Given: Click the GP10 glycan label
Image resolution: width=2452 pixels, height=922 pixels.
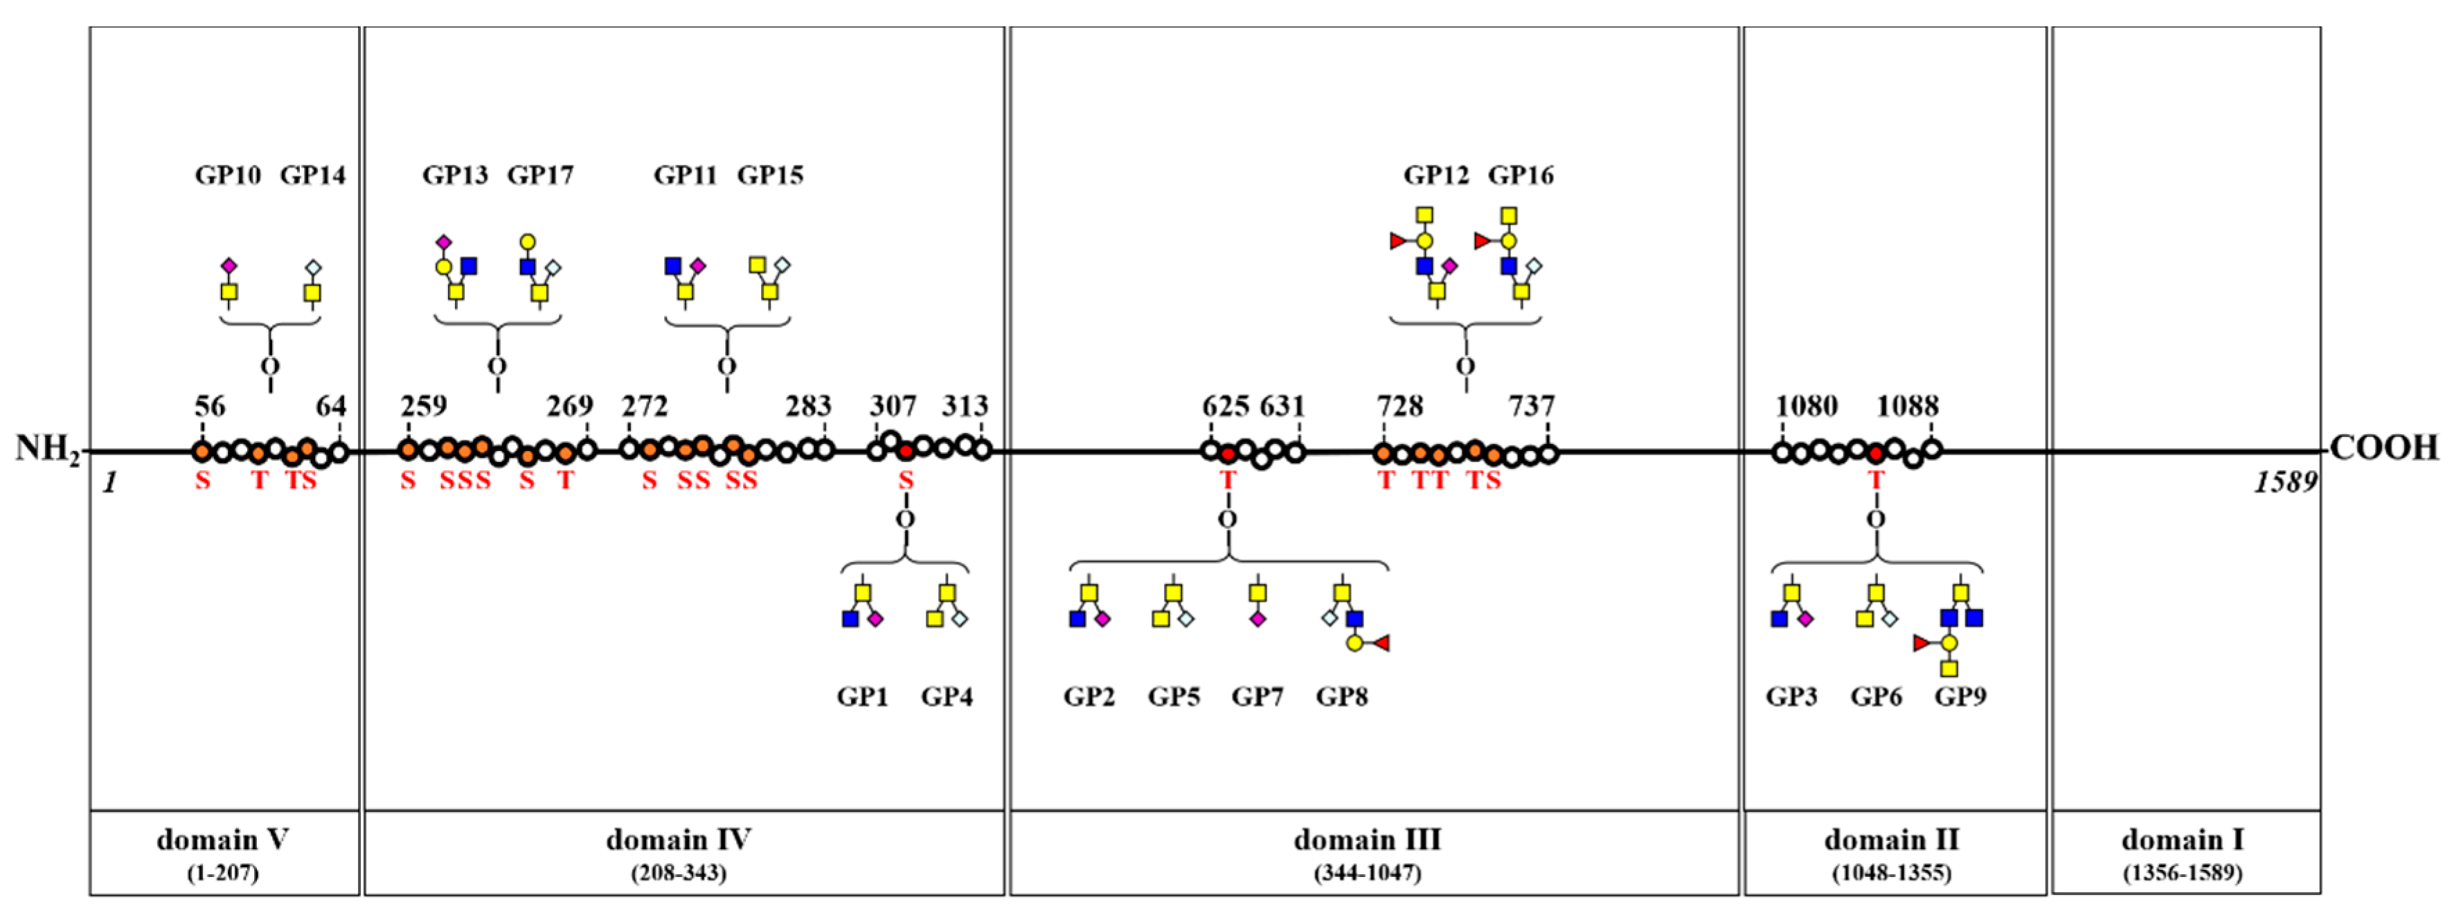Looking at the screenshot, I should pos(228,175).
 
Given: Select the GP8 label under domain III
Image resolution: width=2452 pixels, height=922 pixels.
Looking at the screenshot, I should pos(1341,697).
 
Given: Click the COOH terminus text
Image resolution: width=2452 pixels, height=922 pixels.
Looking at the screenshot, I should pos(2383,447).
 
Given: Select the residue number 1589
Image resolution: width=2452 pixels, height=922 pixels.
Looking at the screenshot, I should pos(2284,483).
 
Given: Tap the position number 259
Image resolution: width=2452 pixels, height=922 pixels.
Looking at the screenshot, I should pos(424,407).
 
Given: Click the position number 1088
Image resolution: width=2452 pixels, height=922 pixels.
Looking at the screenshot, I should pos(1906,407).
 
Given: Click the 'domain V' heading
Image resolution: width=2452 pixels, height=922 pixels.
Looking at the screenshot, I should pos(223,840).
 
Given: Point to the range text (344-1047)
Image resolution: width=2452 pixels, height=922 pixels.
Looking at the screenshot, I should pos(1368,873).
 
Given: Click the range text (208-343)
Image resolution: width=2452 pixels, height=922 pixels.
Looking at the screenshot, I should pos(679,873).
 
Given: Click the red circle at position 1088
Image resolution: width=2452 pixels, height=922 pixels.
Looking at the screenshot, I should pos(1875,453).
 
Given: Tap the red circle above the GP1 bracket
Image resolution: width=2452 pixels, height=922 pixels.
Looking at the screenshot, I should pos(905,450).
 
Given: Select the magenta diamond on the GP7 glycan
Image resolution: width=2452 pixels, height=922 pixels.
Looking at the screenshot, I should pos(1258,619).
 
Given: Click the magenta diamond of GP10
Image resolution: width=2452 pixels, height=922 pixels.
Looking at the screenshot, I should pos(229,266).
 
